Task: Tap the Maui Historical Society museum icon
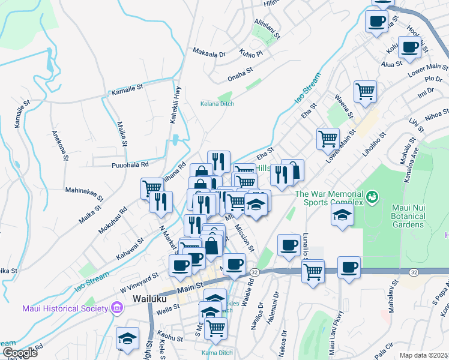(x=116, y=308)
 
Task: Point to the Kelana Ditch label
(x=217, y=104)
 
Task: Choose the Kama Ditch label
(x=217, y=352)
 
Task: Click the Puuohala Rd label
(x=130, y=164)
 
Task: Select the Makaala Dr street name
(x=209, y=53)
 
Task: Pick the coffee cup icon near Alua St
(x=411, y=47)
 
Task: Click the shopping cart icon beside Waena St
(x=365, y=91)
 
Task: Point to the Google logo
(x=19, y=353)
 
